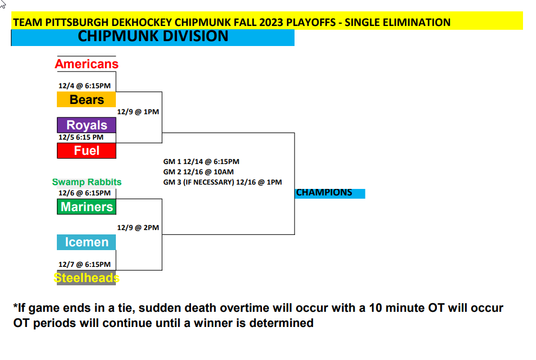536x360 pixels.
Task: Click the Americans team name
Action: (x=87, y=64)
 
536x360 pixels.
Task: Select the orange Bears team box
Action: (x=87, y=100)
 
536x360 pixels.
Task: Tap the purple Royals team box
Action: (x=87, y=125)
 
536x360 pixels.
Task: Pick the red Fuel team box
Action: (x=87, y=151)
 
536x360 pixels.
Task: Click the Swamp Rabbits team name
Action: (x=87, y=182)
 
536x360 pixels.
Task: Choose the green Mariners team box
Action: (x=87, y=207)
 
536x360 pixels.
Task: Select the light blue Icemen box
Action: (x=87, y=242)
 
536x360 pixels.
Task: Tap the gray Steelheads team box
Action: (x=87, y=278)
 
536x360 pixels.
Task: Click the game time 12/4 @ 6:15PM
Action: (x=84, y=86)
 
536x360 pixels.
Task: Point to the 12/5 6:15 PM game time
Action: (x=81, y=138)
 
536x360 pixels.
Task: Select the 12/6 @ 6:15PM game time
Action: (x=84, y=193)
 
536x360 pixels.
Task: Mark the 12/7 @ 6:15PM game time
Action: (x=84, y=265)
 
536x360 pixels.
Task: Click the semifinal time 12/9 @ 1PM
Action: (x=138, y=112)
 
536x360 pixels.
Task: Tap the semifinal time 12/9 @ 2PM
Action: (x=138, y=228)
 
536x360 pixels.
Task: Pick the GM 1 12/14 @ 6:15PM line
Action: (x=201, y=162)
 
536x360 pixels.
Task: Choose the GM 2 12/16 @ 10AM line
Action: (x=199, y=172)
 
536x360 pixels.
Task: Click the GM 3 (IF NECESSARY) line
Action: (x=223, y=182)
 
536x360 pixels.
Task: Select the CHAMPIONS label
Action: (x=324, y=193)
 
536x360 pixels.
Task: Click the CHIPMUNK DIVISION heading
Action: (x=153, y=36)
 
